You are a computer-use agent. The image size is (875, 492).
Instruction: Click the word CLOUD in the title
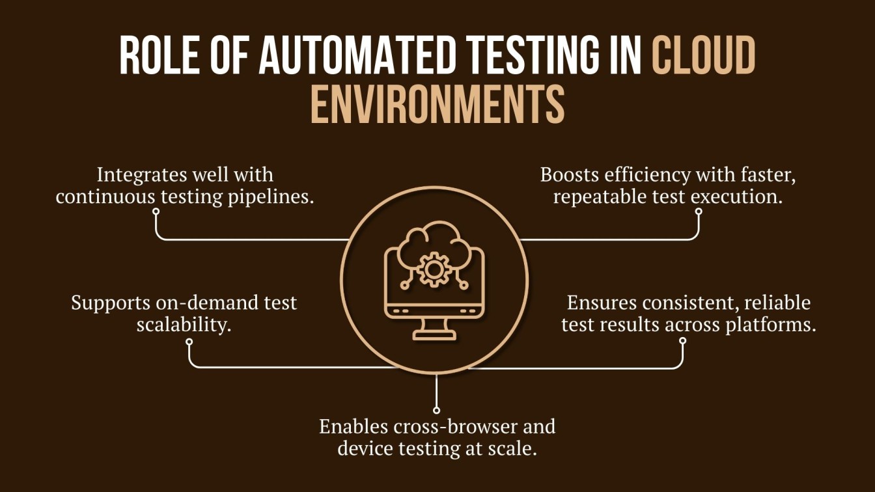point(704,55)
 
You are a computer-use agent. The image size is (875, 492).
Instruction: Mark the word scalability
point(184,324)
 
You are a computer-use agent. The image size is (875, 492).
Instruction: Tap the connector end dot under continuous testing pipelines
point(156,211)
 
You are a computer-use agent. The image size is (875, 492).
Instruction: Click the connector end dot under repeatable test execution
point(699,211)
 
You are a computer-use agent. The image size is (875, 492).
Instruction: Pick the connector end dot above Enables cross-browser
point(436,408)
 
